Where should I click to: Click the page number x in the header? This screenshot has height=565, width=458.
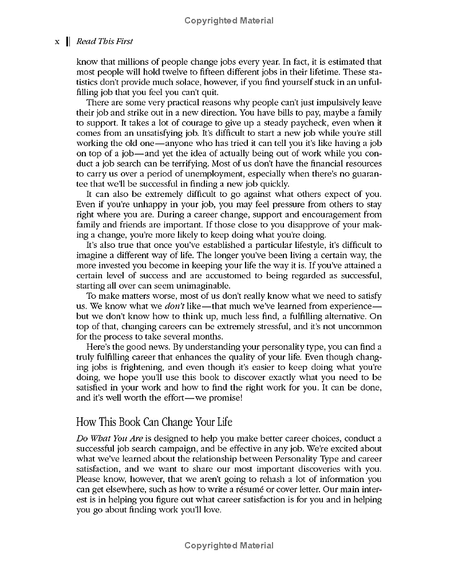pos(57,41)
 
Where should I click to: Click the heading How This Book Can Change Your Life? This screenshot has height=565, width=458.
pos(155,422)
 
